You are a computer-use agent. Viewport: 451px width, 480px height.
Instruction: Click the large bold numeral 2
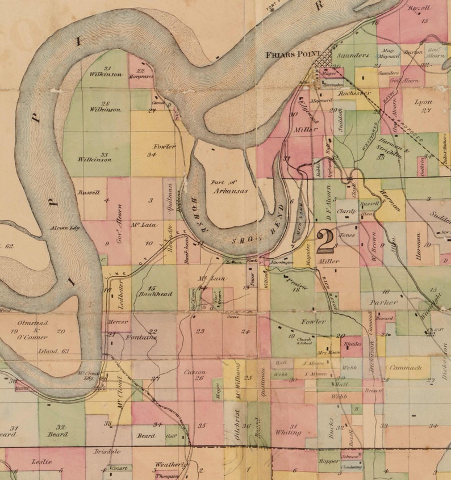click(326, 241)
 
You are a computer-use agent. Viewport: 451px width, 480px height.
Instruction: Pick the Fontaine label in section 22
click(140, 337)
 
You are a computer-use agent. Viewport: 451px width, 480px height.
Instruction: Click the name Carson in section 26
click(195, 372)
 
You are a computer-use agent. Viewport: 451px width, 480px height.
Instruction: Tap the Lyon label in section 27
click(424, 103)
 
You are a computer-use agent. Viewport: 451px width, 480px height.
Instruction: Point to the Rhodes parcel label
click(353, 344)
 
